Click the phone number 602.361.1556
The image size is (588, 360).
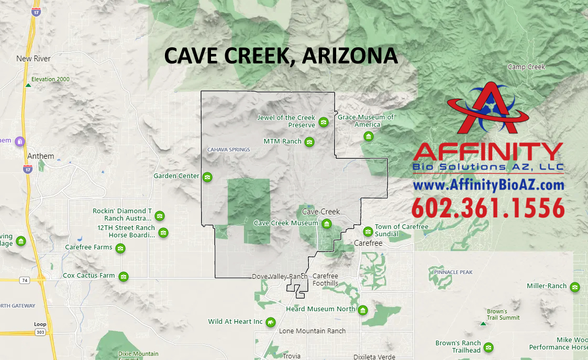pos(488,208)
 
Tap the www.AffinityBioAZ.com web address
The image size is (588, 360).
pos(488,185)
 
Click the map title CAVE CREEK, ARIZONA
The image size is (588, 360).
pos(281,56)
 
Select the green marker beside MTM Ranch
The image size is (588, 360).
pos(309,142)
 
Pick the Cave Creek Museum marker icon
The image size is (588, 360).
pos(327,224)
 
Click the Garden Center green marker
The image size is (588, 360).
pos(207,177)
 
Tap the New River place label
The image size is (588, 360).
pos(34,59)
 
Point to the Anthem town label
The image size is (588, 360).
pos(41,156)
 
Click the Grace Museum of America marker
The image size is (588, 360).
pos(368,137)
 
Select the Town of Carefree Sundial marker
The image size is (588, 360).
pos(368,231)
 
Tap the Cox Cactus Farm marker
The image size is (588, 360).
pos(124,276)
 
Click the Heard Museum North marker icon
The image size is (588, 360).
pos(362,310)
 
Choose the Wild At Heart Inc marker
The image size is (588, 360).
pos(271,322)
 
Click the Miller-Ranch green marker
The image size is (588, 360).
pos(574,287)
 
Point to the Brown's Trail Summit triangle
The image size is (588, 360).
pos(483,324)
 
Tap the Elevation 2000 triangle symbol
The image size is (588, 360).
pos(28,85)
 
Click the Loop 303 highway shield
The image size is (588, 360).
pos(40,332)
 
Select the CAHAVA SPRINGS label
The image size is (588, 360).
pos(229,150)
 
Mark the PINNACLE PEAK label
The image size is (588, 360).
pos(453,272)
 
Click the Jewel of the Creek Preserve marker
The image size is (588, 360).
pos(324,122)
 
